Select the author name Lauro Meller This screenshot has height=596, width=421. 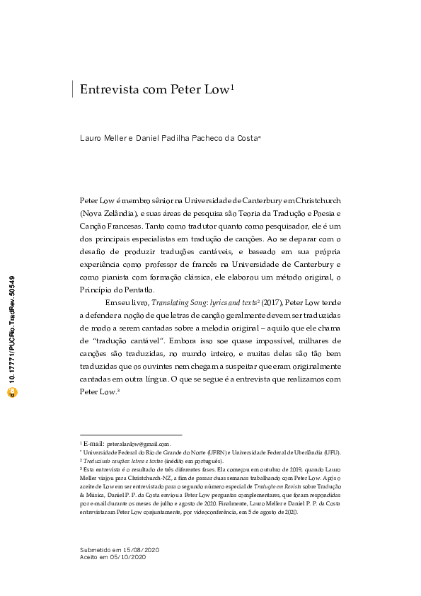(102, 138)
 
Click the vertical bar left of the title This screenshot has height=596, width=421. (73, 89)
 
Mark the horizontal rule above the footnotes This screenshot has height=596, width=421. (131, 435)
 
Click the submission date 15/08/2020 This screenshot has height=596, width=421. (143, 549)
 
